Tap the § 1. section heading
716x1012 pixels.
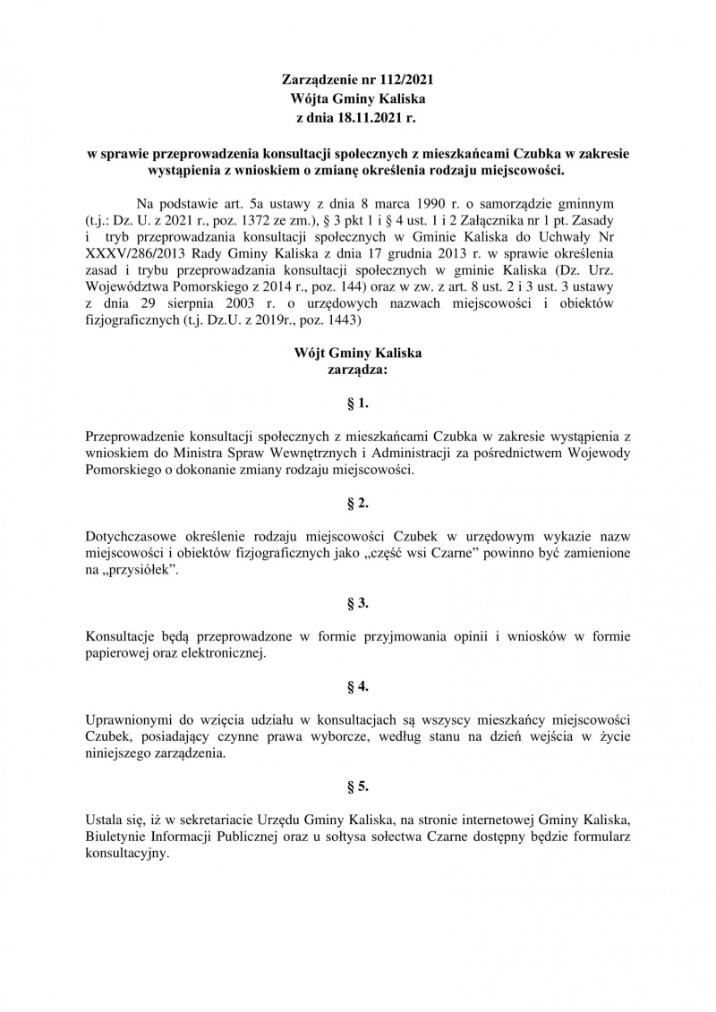pyautogui.click(x=358, y=404)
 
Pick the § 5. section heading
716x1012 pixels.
pyautogui.click(x=358, y=787)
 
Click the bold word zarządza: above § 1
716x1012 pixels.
pyautogui.click(x=358, y=367)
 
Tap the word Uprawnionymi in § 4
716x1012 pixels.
pyautogui.click(x=128, y=720)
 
